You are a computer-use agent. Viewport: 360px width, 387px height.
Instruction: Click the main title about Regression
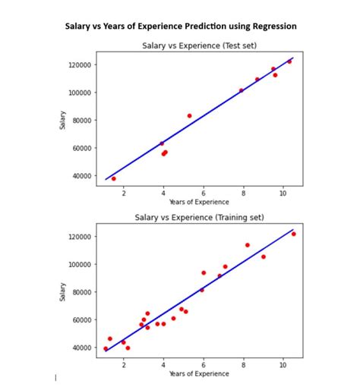[180, 27]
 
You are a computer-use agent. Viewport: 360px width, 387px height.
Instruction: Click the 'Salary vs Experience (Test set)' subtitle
[199, 46]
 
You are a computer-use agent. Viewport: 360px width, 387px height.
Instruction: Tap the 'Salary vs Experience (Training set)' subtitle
[199, 218]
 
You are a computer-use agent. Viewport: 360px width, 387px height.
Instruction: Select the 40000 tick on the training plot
[79, 348]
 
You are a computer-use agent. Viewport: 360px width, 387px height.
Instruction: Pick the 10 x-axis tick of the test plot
[283, 193]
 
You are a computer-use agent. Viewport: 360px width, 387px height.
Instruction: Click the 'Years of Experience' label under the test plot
[199, 202]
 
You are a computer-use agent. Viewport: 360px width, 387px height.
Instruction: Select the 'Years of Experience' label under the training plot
[199, 373]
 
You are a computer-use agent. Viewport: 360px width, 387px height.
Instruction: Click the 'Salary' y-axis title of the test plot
[63, 120]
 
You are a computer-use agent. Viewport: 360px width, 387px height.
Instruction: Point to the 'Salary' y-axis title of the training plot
[63, 291]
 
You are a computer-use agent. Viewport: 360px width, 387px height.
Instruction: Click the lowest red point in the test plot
[114, 178]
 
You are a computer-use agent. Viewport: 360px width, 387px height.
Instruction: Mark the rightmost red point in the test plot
[289, 61]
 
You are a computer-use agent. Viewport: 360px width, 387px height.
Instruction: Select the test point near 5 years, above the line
[189, 116]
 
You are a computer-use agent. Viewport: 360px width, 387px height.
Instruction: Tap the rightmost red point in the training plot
[293, 234]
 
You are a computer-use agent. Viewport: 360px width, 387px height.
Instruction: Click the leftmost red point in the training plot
[106, 348]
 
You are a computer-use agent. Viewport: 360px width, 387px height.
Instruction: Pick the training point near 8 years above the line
[247, 245]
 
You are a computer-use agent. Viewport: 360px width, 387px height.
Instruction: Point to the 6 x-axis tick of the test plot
[203, 193]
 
